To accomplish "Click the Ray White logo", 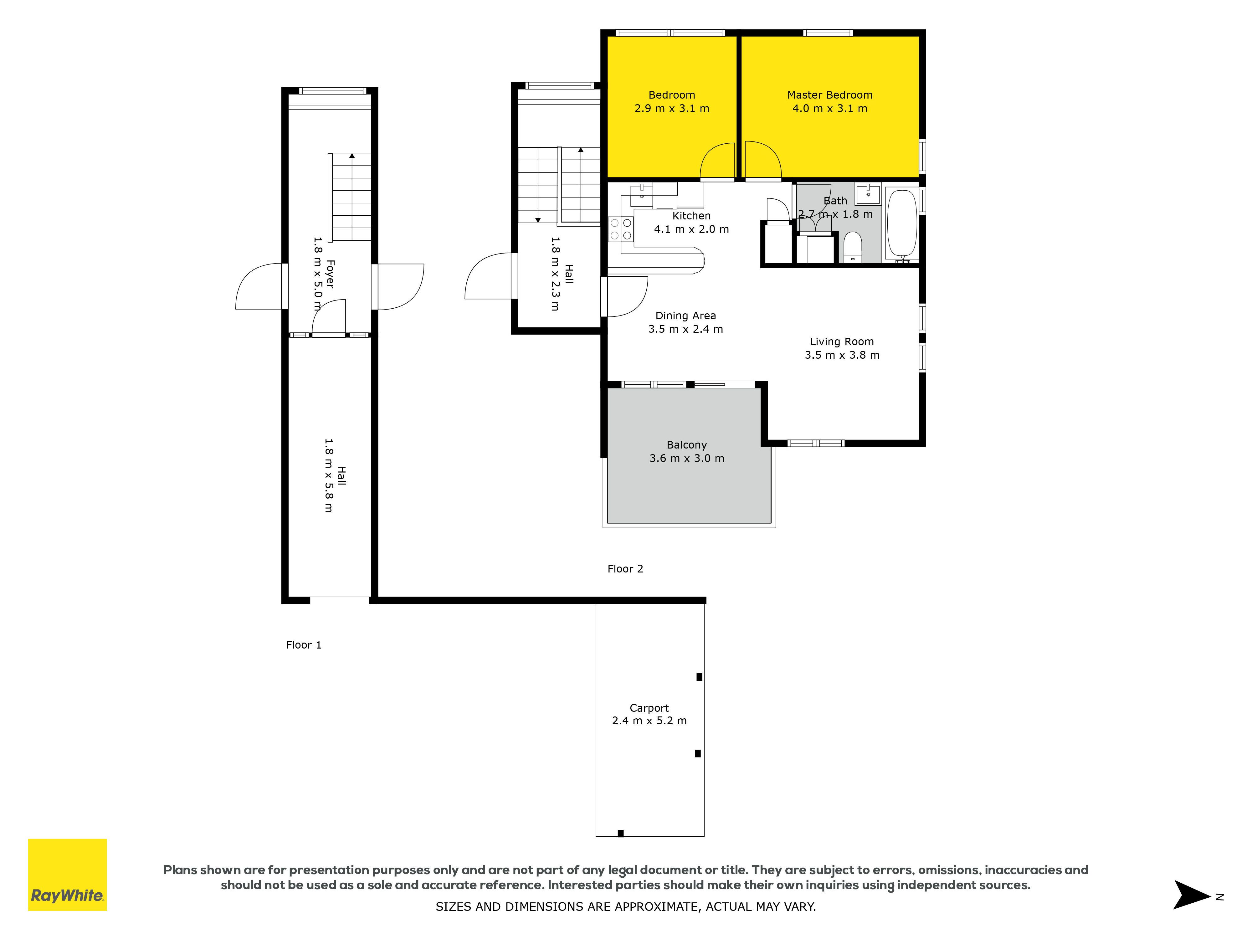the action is pyautogui.click(x=67, y=875).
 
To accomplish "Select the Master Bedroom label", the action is pyautogui.click(x=830, y=95).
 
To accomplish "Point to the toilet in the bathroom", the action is pyautogui.click(x=852, y=247).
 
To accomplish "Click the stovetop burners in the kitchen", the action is pyautogui.click(x=621, y=229).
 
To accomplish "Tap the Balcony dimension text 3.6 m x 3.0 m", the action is pyautogui.click(x=686, y=459).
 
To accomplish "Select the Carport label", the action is pyautogui.click(x=649, y=708).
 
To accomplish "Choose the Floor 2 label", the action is pyautogui.click(x=625, y=569).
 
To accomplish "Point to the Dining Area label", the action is pyautogui.click(x=685, y=316).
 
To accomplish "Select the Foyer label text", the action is pyautogui.click(x=330, y=274).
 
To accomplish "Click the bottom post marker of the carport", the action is pyautogui.click(x=620, y=833).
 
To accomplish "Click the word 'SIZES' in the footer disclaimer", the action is pyautogui.click(x=453, y=907).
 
